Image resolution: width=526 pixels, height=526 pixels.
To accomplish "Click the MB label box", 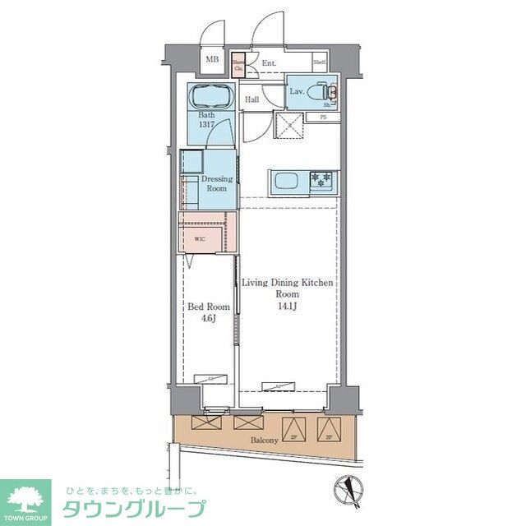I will pyautogui.click(x=212, y=59).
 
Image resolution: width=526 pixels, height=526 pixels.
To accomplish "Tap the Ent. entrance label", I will pyautogui.click(x=269, y=62).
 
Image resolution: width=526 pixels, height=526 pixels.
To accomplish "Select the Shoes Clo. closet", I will pyautogui.click(x=238, y=66).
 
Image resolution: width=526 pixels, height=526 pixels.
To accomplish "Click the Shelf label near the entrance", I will pyautogui.click(x=319, y=62).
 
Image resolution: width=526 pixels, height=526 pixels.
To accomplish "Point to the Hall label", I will pyautogui.click(x=252, y=99).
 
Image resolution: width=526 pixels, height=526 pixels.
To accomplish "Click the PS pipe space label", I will pyautogui.click(x=323, y=118).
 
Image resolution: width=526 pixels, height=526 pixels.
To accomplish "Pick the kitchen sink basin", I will pyautogui.click(x=287, y=181).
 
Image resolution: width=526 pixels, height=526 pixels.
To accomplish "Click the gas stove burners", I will pyautogui.click(x=321, y=178).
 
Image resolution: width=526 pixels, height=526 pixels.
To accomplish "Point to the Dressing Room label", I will pyautogui.click(x=216, y=183).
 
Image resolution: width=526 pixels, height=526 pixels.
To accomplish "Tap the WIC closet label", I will pyautogui.click(x=200, y=239).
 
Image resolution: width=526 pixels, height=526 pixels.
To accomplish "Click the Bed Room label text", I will pyautogui.click(x=209, y=307).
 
